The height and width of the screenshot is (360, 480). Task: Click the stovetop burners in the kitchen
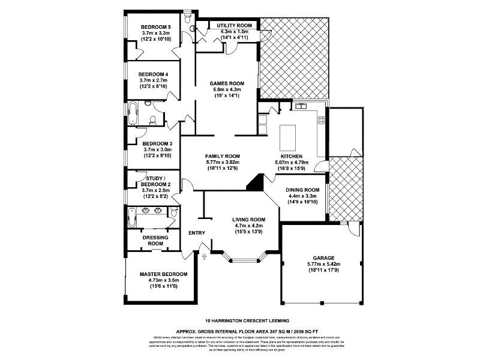point(320,119)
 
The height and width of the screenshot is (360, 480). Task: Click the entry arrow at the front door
point(205,257)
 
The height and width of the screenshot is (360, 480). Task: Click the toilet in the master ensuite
point(173,212)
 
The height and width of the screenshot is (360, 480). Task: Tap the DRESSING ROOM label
point(155,241)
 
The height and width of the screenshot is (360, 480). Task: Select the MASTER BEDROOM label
point(163,274)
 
